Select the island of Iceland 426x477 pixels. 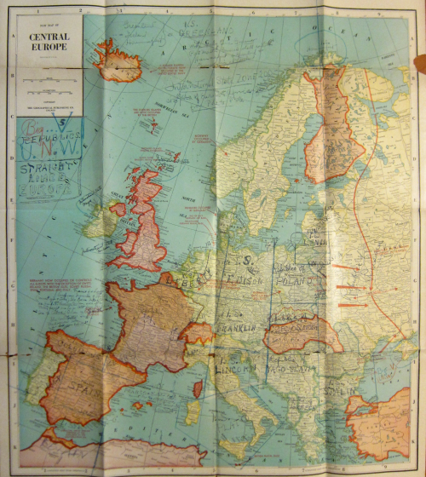point(120,62)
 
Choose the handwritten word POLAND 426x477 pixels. point(302,279)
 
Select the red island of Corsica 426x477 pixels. point(199,388)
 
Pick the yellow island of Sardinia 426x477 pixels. point(197,416)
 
